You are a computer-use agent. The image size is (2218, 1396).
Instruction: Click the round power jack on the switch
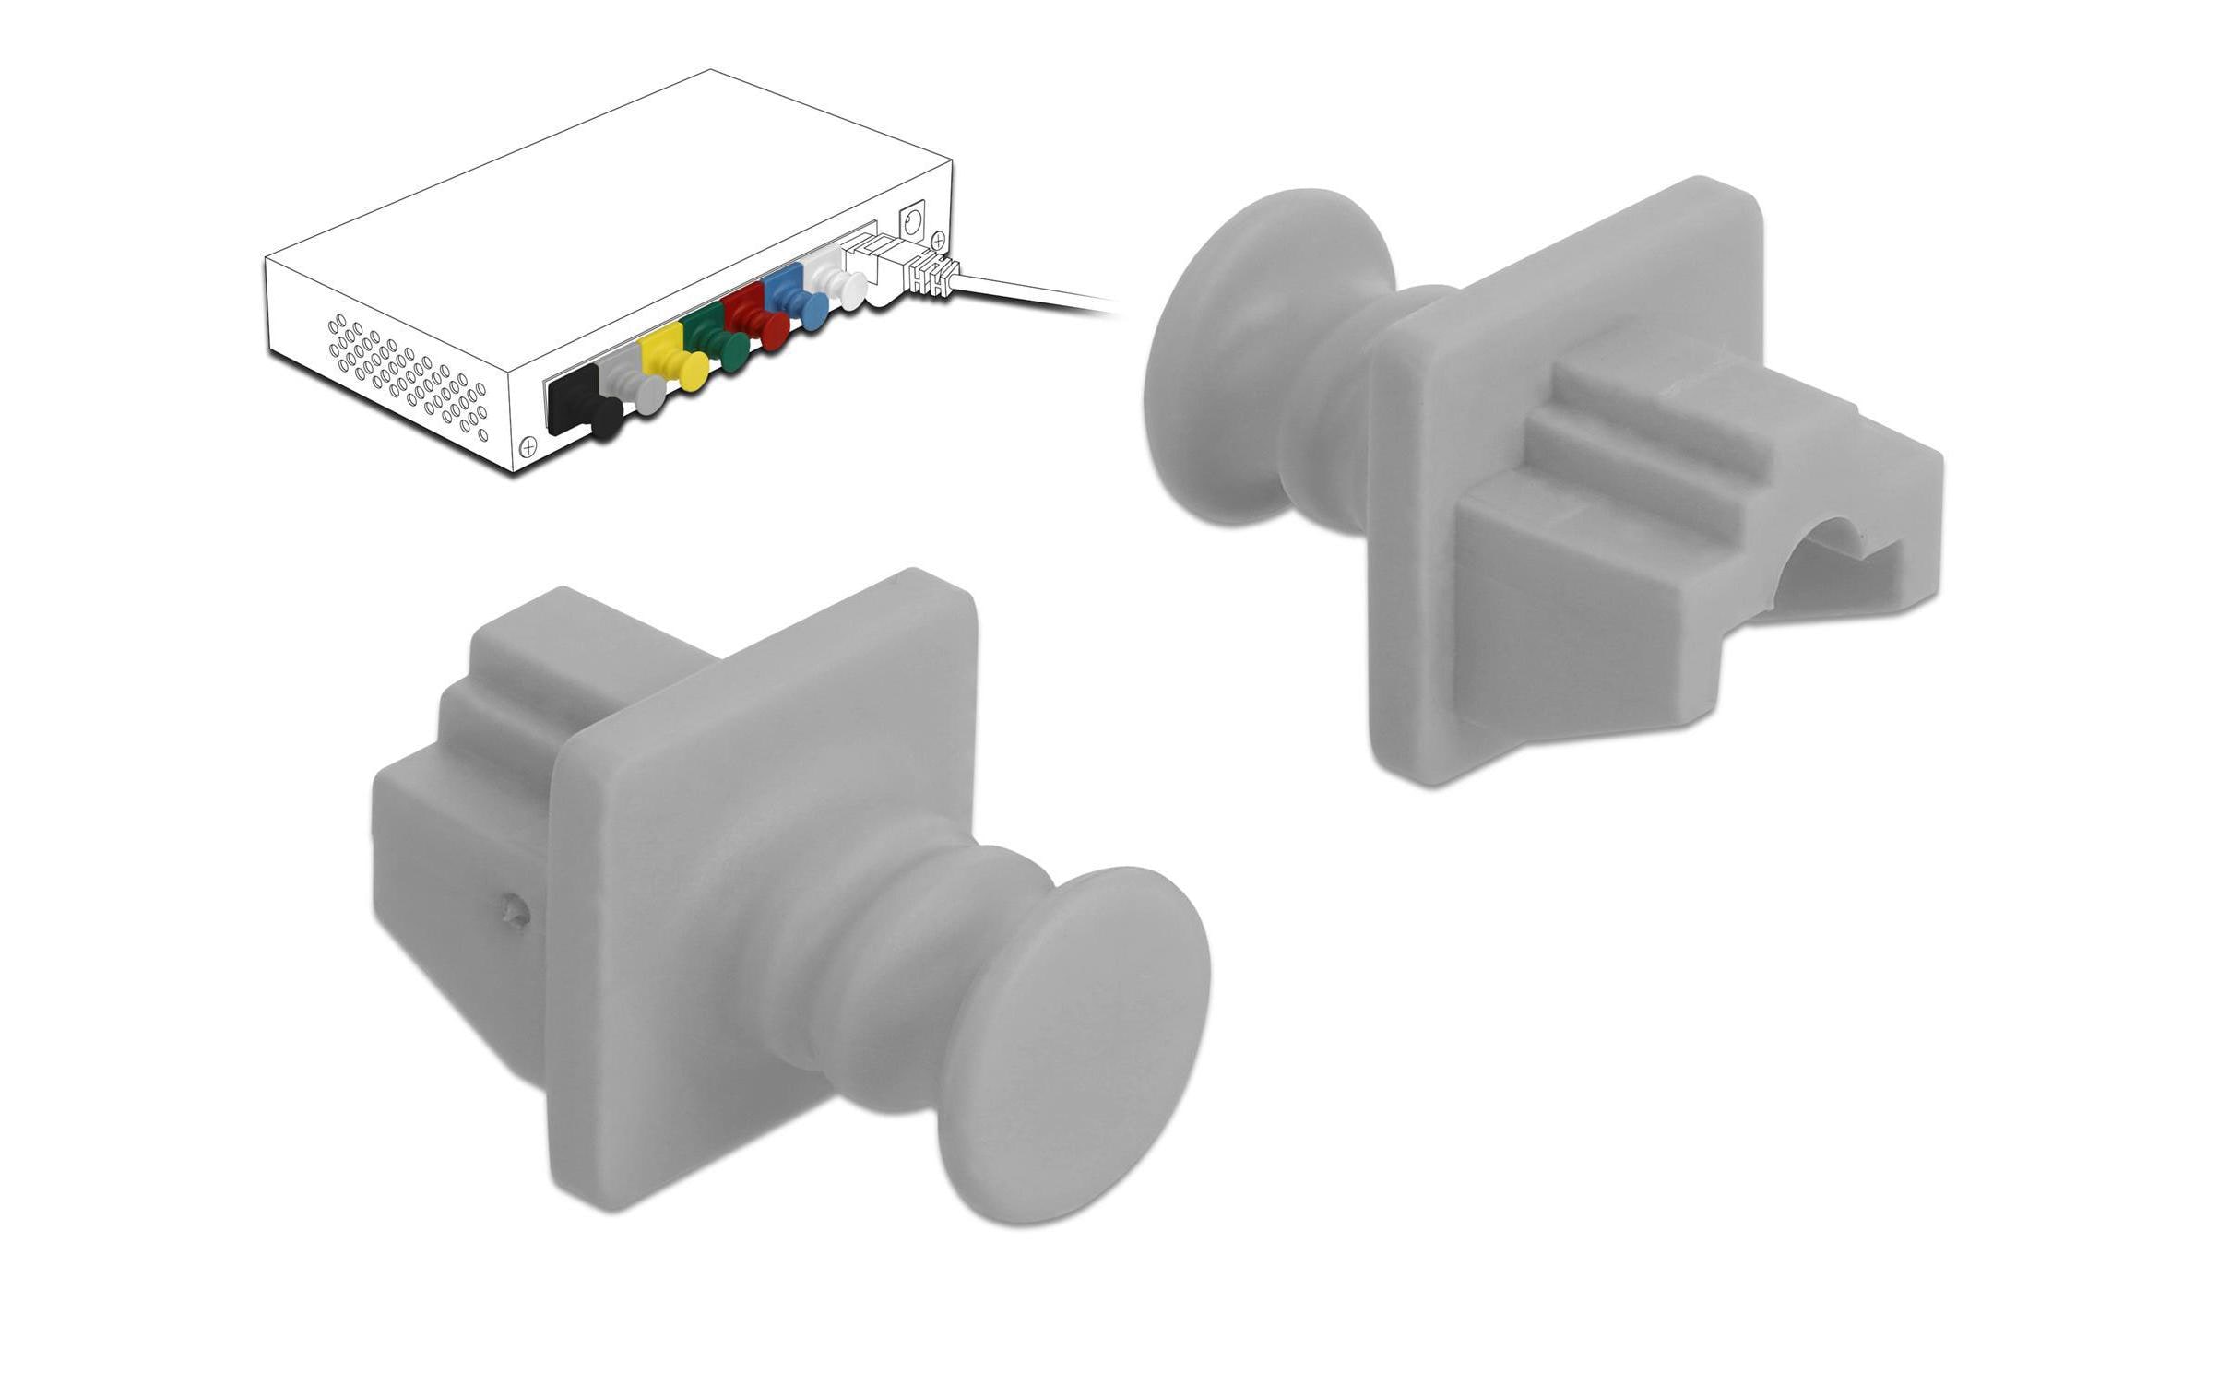click(914, 222)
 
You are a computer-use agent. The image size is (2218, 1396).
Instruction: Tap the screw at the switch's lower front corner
click(528, 446)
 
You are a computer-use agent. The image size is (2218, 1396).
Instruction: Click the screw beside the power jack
click(939, 240)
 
